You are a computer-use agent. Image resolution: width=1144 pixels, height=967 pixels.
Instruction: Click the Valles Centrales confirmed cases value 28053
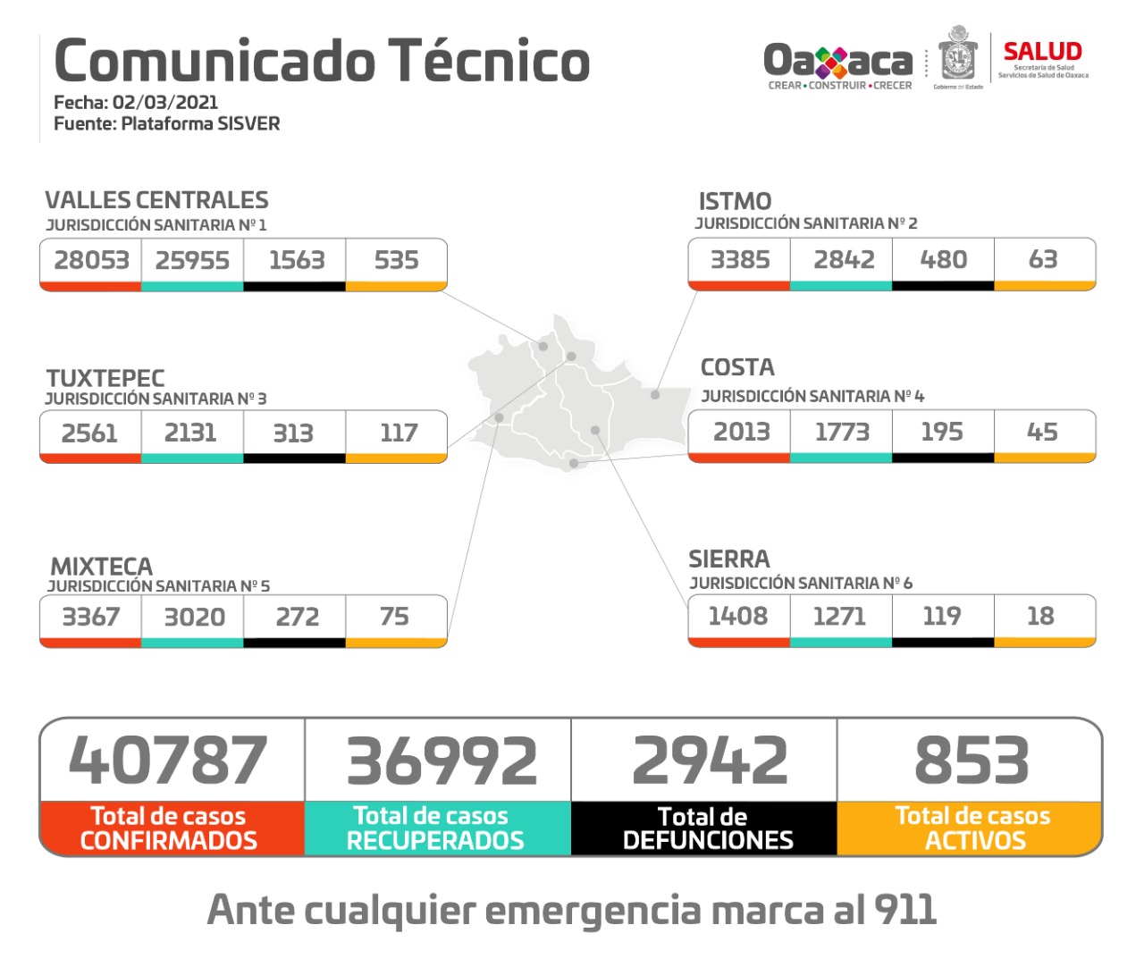[91, 260]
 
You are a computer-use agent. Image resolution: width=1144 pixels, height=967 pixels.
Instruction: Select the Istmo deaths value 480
[943, 259]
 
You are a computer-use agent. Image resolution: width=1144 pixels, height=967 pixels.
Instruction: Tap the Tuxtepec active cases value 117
[398, 433]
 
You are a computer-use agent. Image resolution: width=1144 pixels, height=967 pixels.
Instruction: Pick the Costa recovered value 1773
[841, 432]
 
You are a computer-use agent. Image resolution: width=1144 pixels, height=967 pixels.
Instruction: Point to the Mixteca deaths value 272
[297, 617]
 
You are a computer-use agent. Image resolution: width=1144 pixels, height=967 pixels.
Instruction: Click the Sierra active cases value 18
[1040, 616]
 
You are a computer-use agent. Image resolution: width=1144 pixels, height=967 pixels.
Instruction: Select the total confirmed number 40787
[168, 761]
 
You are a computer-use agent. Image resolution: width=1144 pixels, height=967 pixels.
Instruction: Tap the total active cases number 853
[972, 761]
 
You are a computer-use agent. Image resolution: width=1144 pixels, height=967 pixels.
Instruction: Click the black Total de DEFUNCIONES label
[706, 828]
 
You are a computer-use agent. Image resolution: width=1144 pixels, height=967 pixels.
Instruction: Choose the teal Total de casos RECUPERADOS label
[435, 828]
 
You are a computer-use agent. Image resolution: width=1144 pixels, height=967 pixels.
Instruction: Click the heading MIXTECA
[101, 567]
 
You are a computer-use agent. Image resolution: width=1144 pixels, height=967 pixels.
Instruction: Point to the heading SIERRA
[728, 559]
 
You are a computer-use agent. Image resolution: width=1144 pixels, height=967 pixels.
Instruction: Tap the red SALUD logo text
[1042, 51]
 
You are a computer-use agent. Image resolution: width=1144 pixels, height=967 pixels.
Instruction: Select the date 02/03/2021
[165, 102]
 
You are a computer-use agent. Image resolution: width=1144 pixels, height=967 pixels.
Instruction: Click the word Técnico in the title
[489, 61]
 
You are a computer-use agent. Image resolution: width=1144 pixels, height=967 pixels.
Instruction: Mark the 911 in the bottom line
[904, 910]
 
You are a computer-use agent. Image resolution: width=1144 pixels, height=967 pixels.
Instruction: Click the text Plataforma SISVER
[200, 123]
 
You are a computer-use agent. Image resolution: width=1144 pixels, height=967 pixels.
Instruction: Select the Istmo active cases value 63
[1043, 259]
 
